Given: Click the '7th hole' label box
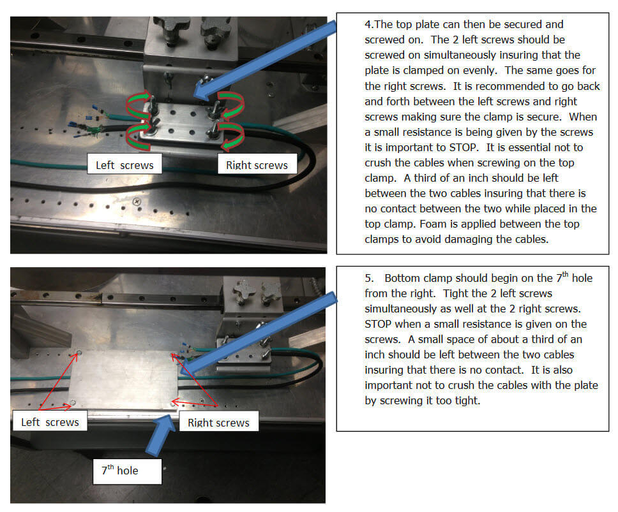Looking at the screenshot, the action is click(x=127, y=471).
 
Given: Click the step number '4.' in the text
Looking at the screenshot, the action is click(x=369, y=24).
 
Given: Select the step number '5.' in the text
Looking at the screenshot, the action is click(x=369, y=278).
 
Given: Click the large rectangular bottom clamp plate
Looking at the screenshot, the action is click(x=124, y=379).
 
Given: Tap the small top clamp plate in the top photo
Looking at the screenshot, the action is click(x=182, y=122).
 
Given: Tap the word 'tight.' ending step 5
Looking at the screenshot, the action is click(x=468, y=401).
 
